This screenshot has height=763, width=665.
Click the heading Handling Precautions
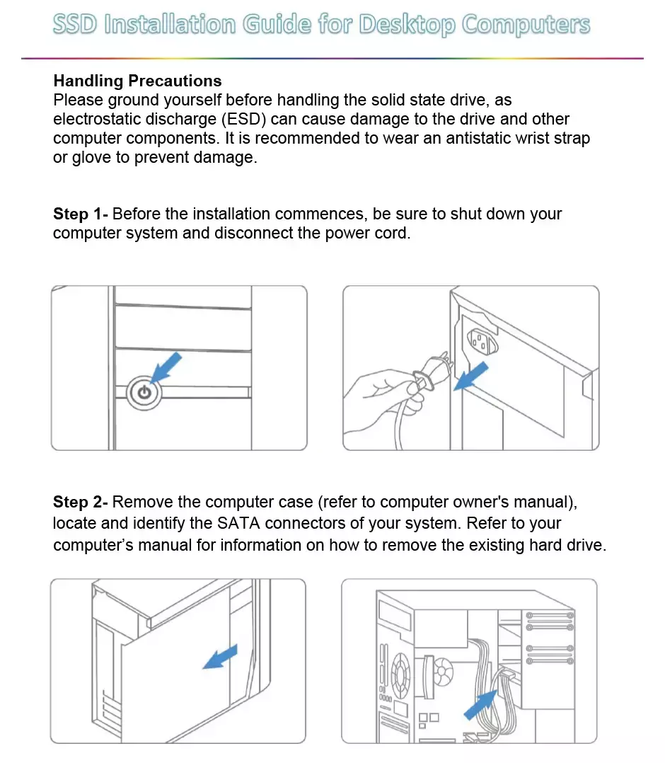(x=137, y=81)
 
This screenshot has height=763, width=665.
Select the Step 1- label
(x=81, y=214)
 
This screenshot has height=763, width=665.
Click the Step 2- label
(x=81, y=503)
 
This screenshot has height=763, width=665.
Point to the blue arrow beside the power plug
(x=471, y=375)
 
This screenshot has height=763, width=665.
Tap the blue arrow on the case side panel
(x=221, y=658)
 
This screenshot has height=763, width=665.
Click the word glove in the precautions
(x=91, y=157)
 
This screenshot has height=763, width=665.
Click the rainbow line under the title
(x=332, y=58)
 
